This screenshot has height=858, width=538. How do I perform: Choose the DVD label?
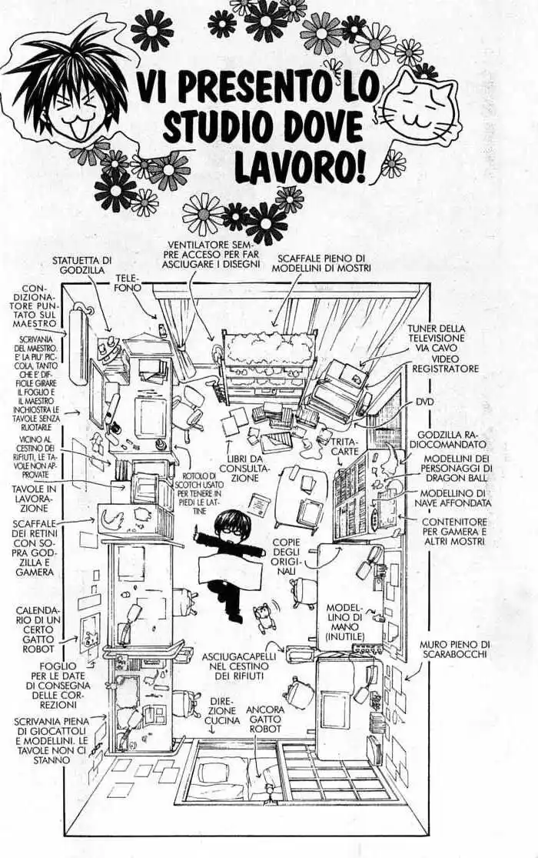425,401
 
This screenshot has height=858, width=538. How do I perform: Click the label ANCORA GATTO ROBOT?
266,719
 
